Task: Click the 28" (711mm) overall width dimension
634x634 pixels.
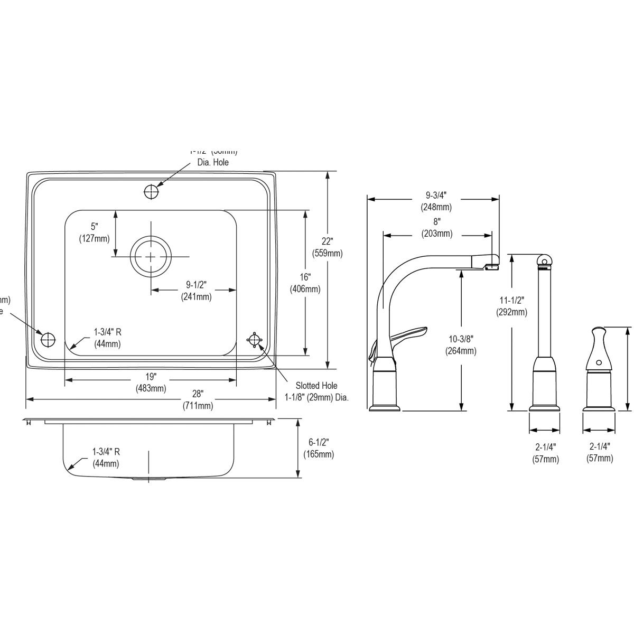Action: click(198, 400)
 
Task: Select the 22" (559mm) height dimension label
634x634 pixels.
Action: click(328, 247)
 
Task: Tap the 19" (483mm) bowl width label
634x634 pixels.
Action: click(151, 383)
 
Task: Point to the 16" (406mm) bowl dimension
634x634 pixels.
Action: click(305, 283)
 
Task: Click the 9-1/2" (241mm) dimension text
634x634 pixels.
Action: click(196, 291)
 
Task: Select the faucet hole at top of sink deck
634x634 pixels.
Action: click(151, 192)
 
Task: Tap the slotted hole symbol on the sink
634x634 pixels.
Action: click(255, 340)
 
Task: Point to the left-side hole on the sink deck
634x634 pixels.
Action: click(48, 339)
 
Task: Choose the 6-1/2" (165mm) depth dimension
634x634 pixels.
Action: click(319, 448)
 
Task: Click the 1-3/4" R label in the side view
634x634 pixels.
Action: click(106, 458)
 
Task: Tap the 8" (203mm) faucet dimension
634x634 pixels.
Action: click(436, 228)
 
